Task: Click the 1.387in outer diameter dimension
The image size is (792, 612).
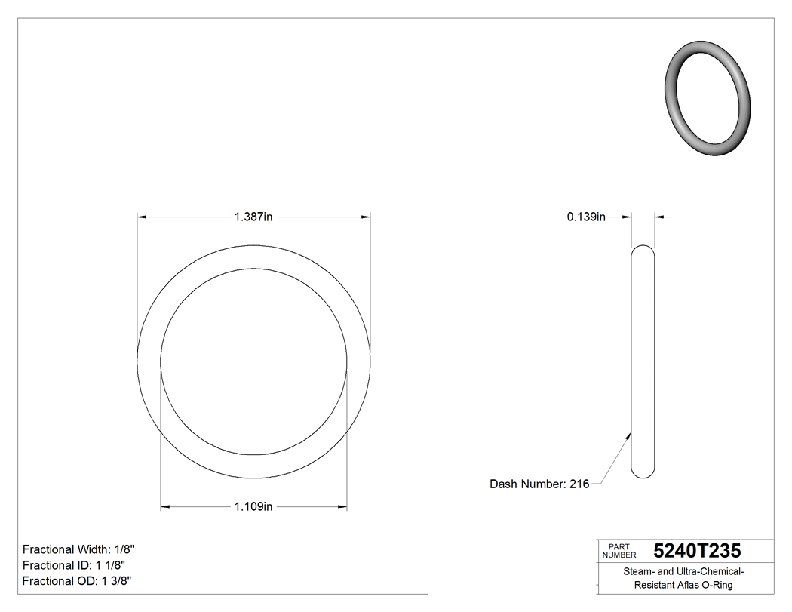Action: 253,217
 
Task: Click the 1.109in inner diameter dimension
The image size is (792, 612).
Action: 253,506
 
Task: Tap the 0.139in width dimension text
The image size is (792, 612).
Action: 586,217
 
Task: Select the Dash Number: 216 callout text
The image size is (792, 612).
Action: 539,484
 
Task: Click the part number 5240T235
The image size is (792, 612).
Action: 697,550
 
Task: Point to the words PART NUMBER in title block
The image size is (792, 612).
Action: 619,550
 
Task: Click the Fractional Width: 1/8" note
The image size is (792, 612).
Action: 78,549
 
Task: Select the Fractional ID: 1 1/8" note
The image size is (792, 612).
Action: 73,565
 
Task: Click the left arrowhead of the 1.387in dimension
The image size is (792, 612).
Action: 141,217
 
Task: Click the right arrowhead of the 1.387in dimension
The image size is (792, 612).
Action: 366,217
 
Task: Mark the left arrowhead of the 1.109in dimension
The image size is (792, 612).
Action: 165,506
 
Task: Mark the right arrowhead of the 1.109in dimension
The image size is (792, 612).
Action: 342,506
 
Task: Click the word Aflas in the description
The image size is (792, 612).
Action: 683,585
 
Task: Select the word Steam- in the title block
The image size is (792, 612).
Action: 638,572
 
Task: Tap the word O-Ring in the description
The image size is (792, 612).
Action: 715,585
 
